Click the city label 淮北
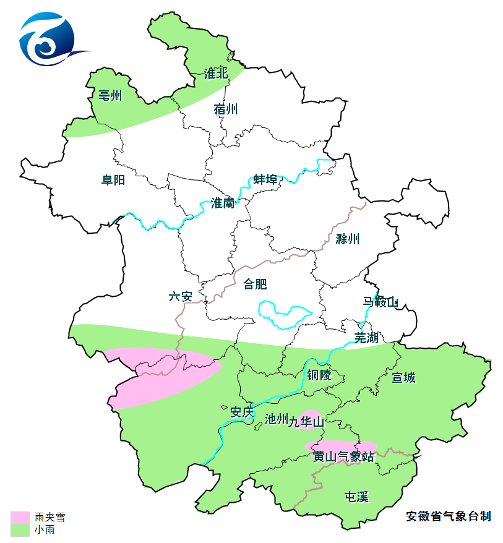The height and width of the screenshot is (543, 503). click(216, 74)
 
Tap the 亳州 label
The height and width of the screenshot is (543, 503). click(110, 96)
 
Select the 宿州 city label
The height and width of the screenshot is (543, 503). click(226, 109)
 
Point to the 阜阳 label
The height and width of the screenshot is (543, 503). click(113, 180)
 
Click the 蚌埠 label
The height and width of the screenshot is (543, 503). click(265, 179)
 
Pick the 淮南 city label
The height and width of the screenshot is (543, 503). click(223, 203)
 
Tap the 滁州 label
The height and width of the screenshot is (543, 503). click(347, 239)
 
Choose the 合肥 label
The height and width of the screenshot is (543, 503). click(255, 284)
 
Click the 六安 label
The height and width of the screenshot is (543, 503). click(181, 296)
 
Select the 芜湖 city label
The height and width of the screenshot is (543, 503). click(366, 338)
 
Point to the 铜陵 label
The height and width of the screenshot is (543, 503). click(319, 375)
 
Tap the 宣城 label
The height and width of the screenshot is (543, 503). click(403, 377)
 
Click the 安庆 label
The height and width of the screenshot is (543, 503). click(242, 412)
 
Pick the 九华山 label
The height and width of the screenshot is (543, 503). click(306, 422)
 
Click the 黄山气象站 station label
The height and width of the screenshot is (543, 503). click(343, 457)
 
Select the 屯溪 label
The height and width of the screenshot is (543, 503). click(356, 497)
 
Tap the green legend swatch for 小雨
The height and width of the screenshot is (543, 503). click(20, 529)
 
